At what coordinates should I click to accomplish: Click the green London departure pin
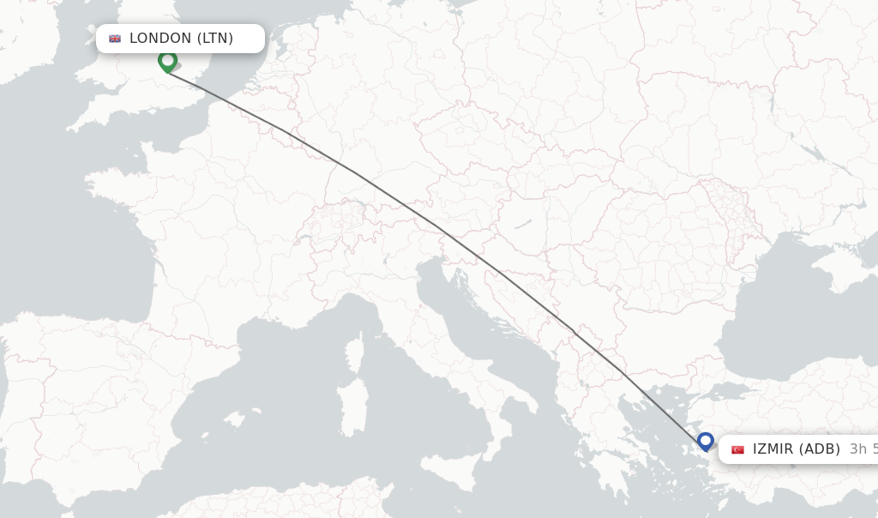(x=168, y=61)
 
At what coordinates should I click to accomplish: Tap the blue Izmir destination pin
(x=706, y=441)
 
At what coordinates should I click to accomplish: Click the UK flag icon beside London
(x=115, y=39)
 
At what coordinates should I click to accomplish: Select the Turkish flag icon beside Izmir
(x=737, y=449)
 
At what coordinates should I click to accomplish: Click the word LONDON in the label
(x=160, y=39)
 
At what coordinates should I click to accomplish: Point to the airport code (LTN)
(x=215, y=39)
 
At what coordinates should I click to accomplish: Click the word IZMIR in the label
(x=773, y=449)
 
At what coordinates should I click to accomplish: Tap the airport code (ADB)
(x=820, y=449)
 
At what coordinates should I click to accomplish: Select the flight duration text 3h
(x=857, y=449)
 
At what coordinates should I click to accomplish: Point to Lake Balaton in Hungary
(x=522, y=225)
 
